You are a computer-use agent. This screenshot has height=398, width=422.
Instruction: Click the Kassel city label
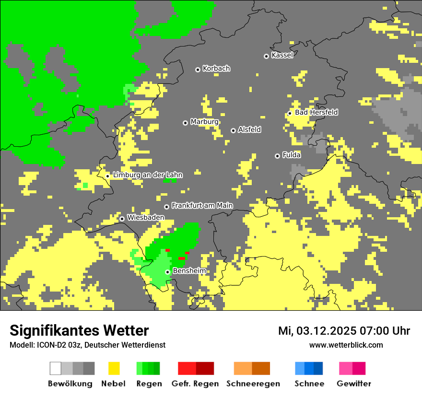[x=282, y=55]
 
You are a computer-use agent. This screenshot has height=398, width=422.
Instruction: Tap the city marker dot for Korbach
[x=198, y=70]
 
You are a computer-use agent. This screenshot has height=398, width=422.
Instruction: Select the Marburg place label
[x=204, y=122]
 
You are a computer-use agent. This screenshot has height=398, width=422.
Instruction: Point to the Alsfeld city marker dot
[x=233, y=130]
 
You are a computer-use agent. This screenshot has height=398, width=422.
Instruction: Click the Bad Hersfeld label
[x=316, y=112]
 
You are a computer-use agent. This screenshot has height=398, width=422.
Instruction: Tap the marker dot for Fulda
[x=277, y=156]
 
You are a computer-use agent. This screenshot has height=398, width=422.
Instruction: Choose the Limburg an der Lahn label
[x=147, y=175]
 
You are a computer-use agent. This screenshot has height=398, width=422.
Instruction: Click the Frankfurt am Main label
[x=202, y=206]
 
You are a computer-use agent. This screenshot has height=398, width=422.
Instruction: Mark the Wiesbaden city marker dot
[x=122, y=219]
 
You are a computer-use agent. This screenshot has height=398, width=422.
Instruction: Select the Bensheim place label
[x=189, y=271]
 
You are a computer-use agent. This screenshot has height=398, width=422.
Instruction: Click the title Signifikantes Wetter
[x=79, y=331]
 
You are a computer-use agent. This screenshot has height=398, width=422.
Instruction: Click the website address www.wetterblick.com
[x=346, y=345]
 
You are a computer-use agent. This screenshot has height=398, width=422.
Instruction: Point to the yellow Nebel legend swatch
[x=114, y=368]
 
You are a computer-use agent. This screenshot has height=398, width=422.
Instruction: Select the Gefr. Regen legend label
[x=195, y=384]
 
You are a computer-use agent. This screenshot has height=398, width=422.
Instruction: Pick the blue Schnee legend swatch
[x=308, y=368]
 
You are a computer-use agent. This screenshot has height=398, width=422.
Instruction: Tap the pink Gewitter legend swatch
[x=352, y=368]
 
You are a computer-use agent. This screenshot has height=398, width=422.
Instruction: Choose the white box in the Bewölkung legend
[x=56, y=368]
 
